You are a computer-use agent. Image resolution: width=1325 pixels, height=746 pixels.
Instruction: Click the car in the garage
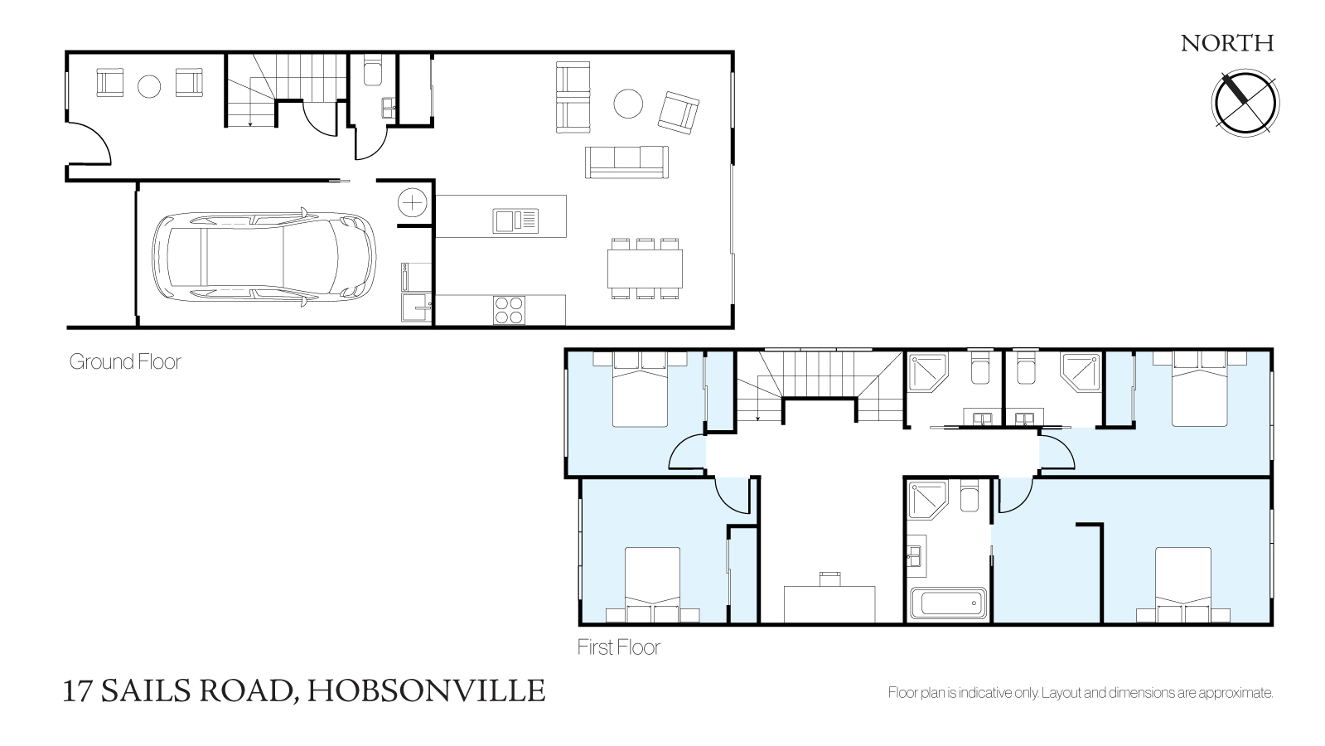click(264, 257)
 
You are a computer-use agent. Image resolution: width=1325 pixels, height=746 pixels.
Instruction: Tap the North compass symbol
click(1245, 103)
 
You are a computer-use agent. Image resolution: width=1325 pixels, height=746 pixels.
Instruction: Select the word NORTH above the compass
click(1227, 44)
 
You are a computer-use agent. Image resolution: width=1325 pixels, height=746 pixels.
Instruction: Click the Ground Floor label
click(125, 361)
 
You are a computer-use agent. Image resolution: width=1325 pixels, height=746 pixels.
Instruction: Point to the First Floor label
click(619, 647)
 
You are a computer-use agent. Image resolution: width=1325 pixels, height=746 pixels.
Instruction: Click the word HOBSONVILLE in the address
click(426, 691)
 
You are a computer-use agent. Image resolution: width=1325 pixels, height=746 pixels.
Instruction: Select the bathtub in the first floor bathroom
click(948, 603)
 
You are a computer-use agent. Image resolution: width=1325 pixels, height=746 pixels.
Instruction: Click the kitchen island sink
click(515, 221)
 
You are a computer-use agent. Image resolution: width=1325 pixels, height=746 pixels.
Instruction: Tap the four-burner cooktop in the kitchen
click(510, 310)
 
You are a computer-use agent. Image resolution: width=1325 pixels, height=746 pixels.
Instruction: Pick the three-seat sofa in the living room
click(627, 162)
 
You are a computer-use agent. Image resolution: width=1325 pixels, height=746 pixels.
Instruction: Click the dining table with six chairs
click(645, 268)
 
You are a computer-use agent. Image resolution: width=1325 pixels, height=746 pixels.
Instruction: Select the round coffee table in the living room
click(628, 104)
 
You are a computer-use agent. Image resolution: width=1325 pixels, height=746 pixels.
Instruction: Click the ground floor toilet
click(373, 70)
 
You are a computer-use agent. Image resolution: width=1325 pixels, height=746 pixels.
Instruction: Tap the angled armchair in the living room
click(679, 113)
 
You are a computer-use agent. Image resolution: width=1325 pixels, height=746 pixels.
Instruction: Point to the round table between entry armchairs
click(149, 86)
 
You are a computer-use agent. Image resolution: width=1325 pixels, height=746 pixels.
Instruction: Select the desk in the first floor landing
click(829, 604)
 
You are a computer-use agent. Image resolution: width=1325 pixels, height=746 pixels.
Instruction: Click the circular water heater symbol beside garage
click(413, 203)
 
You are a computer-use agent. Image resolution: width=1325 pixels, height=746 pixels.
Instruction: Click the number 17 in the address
click(77, 691)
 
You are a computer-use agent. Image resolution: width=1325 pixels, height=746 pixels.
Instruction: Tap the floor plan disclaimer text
click(1080, 693)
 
